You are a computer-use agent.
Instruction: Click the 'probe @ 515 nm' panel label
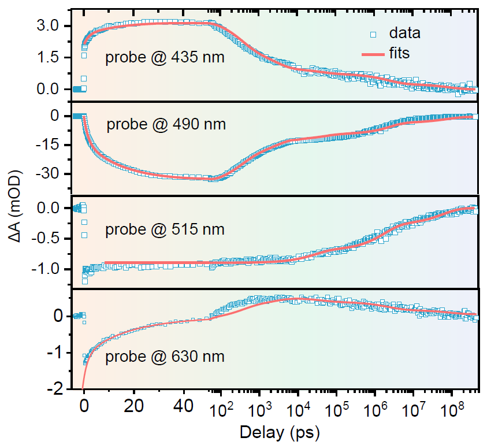(x=165, y=229)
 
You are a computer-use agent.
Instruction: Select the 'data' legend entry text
(x=404, y=33)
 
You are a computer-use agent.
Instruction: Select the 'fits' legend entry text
(x=399, y=53)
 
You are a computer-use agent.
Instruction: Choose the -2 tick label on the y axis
(x=56, y=390)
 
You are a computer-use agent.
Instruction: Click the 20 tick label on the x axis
(x=134, y=407)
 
